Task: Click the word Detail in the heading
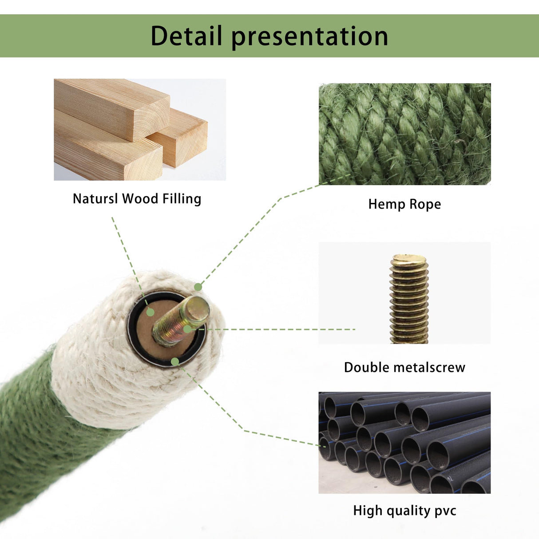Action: (186, 36)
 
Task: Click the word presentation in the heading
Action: (309, 37)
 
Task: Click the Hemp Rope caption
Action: (404, 204)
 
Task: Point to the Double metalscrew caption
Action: (404, 367)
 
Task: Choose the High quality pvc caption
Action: (404, 511)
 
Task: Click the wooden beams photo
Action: (139, 130)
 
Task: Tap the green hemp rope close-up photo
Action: (404, 134)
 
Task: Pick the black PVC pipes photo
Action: (404, 443)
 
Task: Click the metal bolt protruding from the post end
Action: (181, 321)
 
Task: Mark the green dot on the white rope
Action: (198, 287)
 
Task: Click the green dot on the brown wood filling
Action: (151, 313)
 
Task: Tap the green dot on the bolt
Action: (187, 329)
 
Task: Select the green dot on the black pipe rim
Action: (175, 362)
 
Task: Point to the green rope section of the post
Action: (36, 435)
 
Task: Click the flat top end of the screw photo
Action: (408, 258)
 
